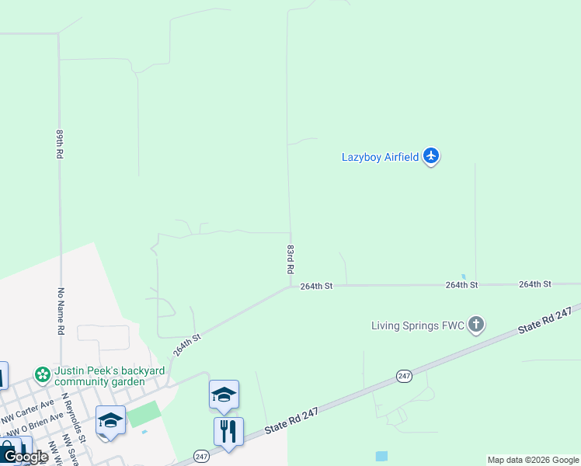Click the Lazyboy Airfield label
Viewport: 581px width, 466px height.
tap(380, 157)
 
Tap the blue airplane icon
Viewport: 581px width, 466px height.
tap(432, 157)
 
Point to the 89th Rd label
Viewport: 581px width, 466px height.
tap(59, 144)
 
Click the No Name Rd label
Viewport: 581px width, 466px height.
tap(59, 311)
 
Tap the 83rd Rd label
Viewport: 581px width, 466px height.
tap(290, 259)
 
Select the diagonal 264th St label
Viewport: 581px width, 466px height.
tap(187, 345)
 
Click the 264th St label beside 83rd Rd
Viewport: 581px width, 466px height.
tap(316, 286)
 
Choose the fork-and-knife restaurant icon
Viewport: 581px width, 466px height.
tap(228, 431)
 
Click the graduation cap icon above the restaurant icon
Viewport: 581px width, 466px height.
tap(224, 395)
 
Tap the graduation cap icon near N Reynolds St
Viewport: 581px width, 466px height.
tap(110, 419)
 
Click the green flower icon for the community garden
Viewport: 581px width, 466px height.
tap(43, 375)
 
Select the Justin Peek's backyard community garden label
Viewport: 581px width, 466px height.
tap(109, 376)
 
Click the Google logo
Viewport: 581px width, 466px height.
tap(25, 457)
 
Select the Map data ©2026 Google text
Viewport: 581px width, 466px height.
tap(533, 460)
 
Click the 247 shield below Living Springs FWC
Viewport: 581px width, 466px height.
tap(403, 376)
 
